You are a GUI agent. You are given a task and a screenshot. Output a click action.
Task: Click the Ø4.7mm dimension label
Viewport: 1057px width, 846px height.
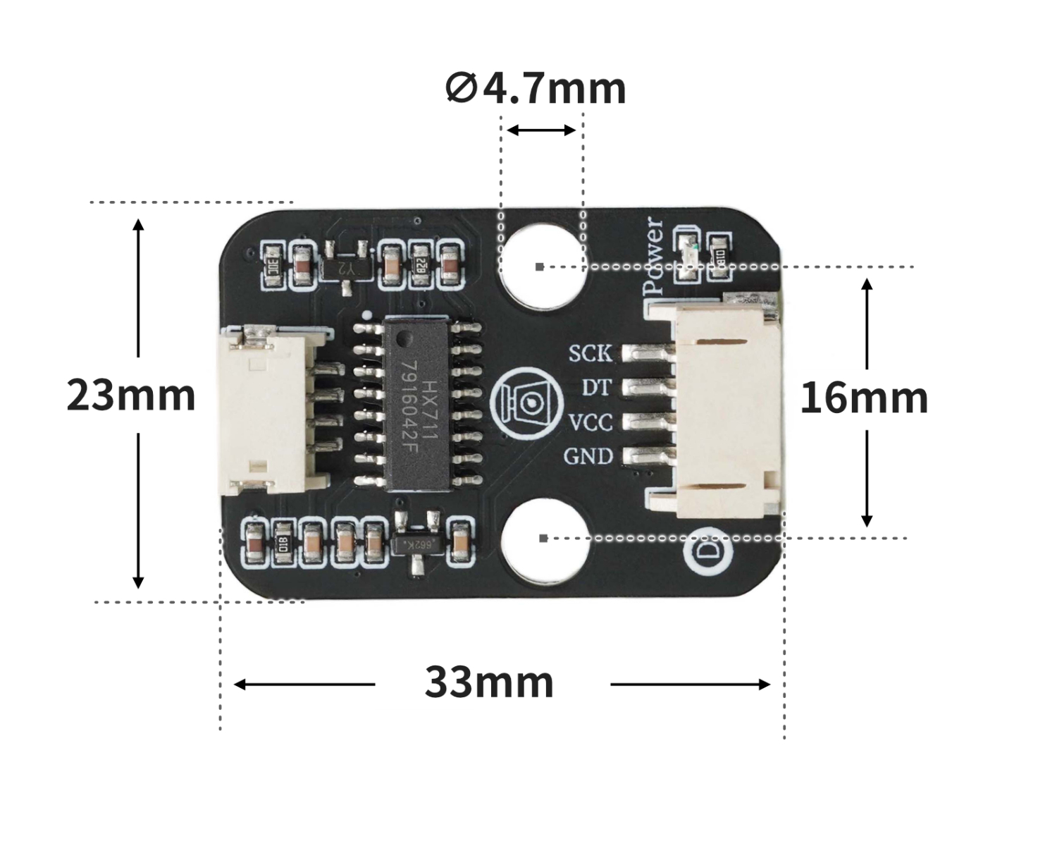pyautogui.click(x=536, y=89)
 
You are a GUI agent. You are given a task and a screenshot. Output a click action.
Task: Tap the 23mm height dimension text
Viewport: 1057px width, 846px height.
pyautogui.click(x=131, y=396)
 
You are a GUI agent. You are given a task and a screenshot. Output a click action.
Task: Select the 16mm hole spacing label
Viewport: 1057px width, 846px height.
pyautogui.click(x=864, y=398)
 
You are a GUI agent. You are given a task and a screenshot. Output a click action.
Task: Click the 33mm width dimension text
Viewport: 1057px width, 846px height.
pyautogui.click(x=489, y=682)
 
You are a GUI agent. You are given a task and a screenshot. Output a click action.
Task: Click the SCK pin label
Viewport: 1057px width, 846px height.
pyautogui.click(x=591, y=353)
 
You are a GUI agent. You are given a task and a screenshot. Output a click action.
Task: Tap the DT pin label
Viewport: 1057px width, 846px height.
pyautogui.click(x=598, y=388)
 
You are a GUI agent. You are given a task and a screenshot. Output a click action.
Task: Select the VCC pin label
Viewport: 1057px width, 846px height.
pyautogui.click(x=591, y=422)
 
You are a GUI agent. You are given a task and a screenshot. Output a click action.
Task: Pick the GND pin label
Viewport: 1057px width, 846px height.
pyautogui.click(x=588, y=457)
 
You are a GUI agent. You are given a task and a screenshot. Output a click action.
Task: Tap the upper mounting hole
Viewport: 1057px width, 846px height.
pyautogui.click(x=543, y=267)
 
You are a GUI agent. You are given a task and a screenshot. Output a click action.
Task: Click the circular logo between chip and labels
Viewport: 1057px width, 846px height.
pyautogui.click(x=527, y=403)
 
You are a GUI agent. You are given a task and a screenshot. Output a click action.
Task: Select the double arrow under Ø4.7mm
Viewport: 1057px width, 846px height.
pyautogui.click(x=541, y=130)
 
